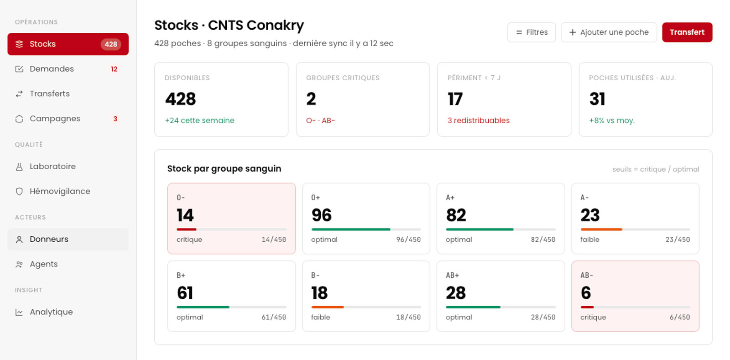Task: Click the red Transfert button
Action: tap(687, 32)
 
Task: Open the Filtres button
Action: tap(532, 32)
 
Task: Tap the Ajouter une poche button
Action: tap(609, 32)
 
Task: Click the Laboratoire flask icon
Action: tap(19, 167)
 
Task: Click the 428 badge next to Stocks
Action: tap(111, 44)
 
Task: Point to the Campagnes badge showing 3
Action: tap(115, 119)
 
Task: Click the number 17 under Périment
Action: tap(455, 99)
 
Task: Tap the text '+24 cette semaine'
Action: tap(199, 120)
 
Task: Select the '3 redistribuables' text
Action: tap(479, 120)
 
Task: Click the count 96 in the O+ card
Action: tap(321, 215)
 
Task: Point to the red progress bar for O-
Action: tap(187, 230)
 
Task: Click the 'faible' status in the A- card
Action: tap(589, 240)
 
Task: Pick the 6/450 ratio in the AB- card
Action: tap(680, 317)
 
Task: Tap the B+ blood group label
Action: tap(181, 275)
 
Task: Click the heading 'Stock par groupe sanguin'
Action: tap(224, 168)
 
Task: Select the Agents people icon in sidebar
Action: tap(19, 264)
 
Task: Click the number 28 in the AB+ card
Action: tap(456, 293)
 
